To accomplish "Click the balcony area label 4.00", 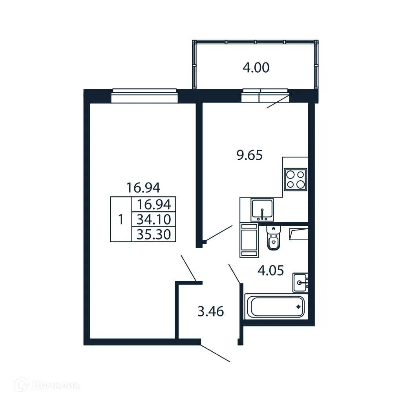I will (x=256, y=68).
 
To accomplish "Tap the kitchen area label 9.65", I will (x=249, y=155).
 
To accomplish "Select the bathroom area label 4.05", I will (x=270, y=270).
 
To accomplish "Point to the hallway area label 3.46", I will (x=210, y=312).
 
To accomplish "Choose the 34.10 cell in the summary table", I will (x=153, y=219).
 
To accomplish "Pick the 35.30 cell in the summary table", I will (x=153, y=234).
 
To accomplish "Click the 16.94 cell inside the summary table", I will (x=153, y=204).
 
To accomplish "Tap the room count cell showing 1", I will (x=121, y=219).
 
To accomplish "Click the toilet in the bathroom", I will (x=273, y=239).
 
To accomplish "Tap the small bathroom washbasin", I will (x=300, y=282).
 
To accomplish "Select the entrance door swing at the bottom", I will (x=215, y=353).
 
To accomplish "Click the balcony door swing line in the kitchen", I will (x=278, y=101).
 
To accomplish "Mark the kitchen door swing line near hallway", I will (x=218, y=232).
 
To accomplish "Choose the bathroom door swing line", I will (x=234, y=274).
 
